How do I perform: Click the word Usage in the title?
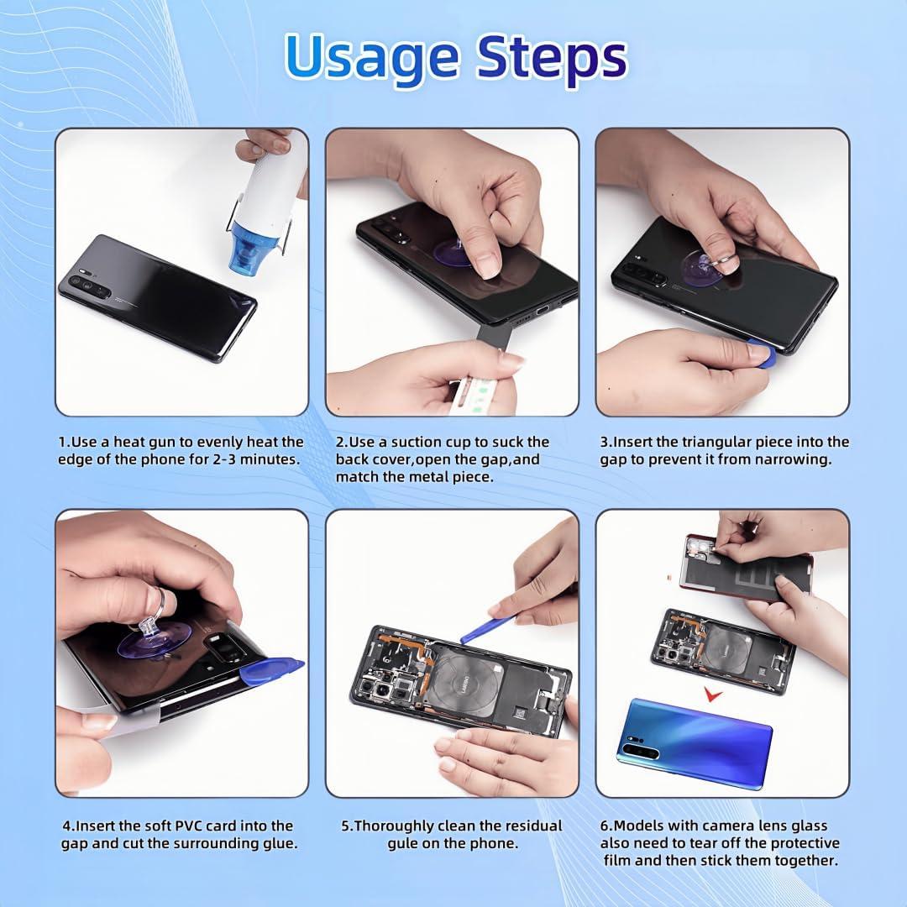point(372,56)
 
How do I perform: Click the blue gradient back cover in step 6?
point(695,742)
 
